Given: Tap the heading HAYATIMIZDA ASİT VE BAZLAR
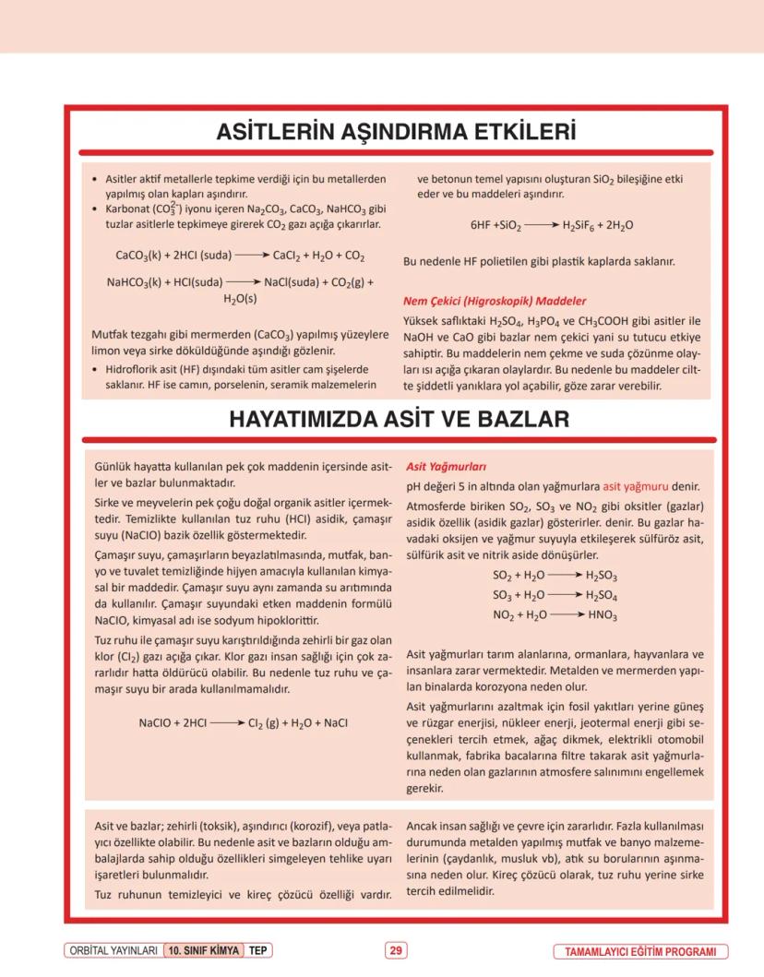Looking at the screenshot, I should tap(399, 420).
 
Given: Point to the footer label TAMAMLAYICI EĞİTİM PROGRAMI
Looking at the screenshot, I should tap(640, 951).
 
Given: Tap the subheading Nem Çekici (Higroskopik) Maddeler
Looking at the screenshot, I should tap(495, 301).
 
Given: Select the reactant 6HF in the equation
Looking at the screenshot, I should tap(481, 225).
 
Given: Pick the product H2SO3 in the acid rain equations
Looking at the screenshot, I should tap(602, 575).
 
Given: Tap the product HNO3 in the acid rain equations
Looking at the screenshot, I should tap(603, 614).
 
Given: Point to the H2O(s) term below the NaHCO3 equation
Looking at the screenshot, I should tap(240, 299).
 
